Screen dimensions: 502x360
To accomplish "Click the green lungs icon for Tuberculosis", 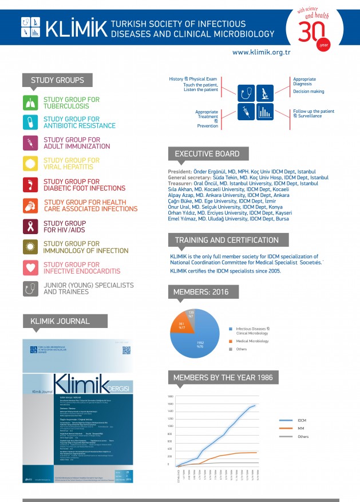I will pos(31,102).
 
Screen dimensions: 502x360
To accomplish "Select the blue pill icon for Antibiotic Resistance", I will pos(31,122).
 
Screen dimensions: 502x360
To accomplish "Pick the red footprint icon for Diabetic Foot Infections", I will pos(31,185).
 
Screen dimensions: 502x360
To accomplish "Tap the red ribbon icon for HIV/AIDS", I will pos(31,227).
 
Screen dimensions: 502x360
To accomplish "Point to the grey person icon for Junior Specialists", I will pos(31,288).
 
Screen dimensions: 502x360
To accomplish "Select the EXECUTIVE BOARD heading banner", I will pos(207,154).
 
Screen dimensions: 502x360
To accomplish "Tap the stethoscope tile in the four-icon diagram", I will pos(247,92).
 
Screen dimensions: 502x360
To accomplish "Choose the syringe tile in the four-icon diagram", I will pos(247,110).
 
